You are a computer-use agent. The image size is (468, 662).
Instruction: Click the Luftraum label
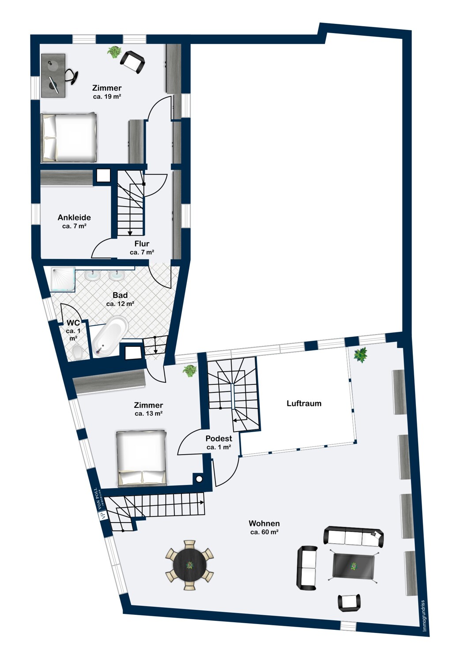point(304,403)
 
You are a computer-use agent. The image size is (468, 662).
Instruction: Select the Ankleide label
point(74,218)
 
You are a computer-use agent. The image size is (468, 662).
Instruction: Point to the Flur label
point(142,244)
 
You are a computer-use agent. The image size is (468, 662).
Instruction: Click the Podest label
point(219,439)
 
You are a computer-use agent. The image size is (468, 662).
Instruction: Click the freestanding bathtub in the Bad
point(109,335)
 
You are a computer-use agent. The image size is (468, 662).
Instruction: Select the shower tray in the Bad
point(63,279)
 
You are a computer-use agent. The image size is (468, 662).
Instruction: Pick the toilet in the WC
point(78,352)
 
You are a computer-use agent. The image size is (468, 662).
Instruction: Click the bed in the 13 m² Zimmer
point(141,458)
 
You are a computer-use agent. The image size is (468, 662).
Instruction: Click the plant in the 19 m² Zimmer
point(114,52)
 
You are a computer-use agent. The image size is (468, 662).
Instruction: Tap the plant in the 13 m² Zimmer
point(189,370)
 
